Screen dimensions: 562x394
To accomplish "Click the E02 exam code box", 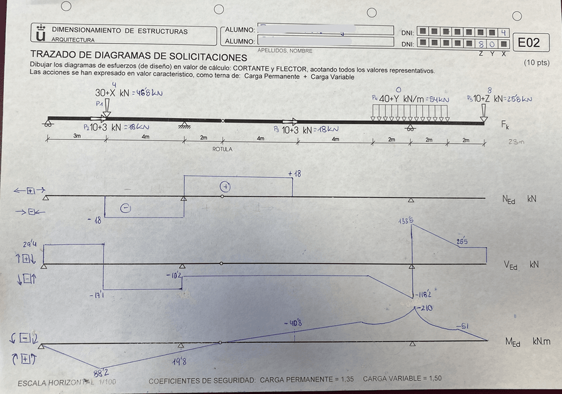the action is click(529, 43).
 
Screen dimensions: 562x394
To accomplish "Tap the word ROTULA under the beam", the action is click(222, 149).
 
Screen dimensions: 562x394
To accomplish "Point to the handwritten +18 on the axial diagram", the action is click(294, 173).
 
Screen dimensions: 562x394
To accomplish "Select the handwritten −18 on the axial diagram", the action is click(97, 219).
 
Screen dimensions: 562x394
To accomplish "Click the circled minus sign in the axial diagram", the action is click(126, 208).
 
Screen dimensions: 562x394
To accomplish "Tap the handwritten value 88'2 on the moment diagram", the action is click(101, 373).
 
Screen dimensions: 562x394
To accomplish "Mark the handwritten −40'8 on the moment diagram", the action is click(294, 323).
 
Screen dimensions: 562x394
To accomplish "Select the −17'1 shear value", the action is click(97, 295).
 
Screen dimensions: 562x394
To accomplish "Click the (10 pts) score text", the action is click(536, 62).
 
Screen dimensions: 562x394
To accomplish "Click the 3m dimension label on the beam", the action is click(77, 136).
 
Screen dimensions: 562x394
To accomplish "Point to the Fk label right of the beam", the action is click(505, 125).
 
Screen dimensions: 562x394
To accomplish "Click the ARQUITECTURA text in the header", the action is click(68, 40).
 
